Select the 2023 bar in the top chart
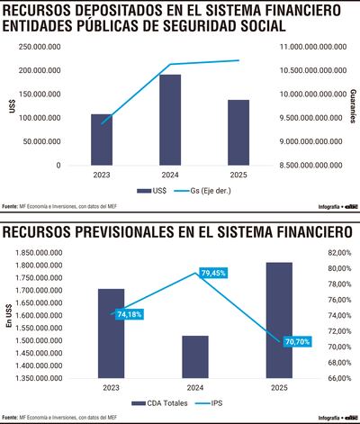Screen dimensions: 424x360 (x=102, y=140)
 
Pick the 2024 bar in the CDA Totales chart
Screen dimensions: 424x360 (x=195, y=356)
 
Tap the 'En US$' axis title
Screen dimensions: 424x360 (x=8, y=317)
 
